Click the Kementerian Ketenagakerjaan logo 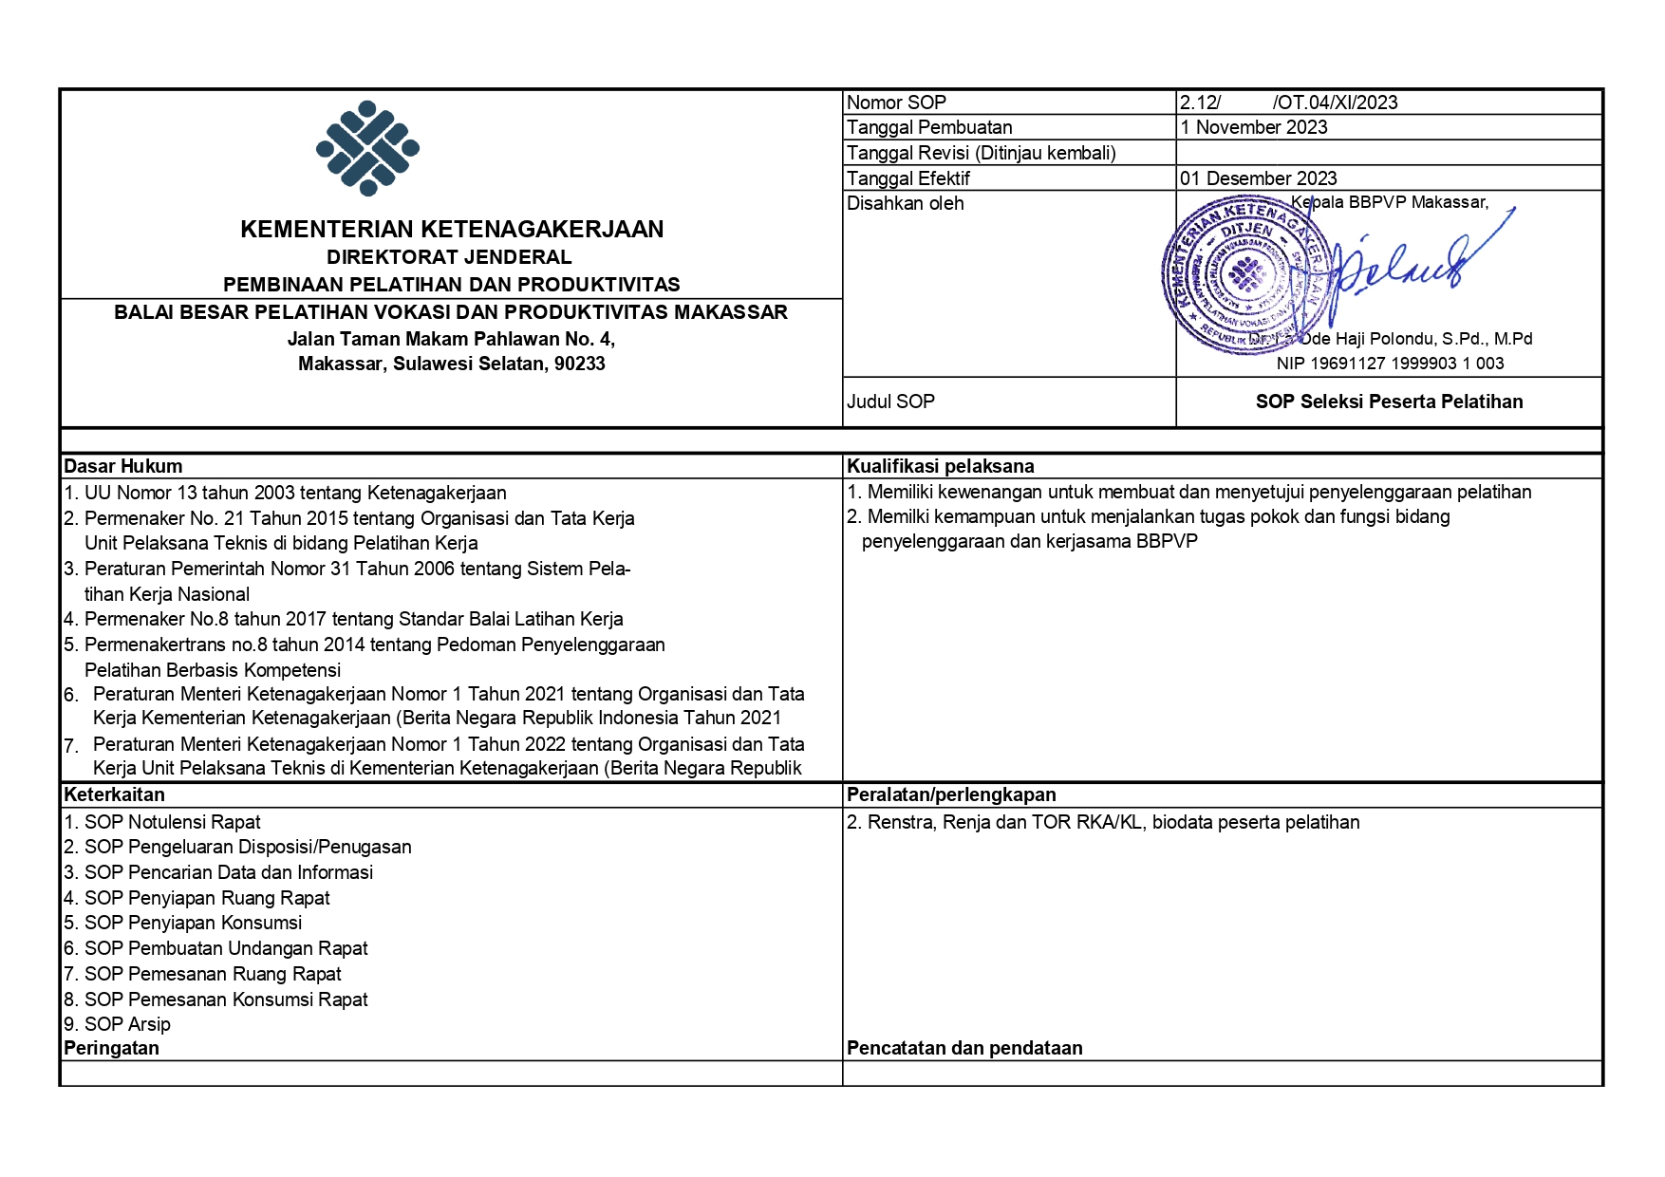pyautogui.click(x=367, y=149)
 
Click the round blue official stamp pyautogui.click(x=1245, y=274)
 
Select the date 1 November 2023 pyautogui.click(x=1253, y=127)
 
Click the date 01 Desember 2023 pyautogui.click(x=1258, y=178)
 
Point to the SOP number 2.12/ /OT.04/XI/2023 pyautogui.click(x=1288, y=103)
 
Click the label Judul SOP pyautogui.click(x=890, y=402)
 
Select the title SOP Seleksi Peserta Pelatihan pyautogui.click(x=1389, y=402)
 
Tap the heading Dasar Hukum pyautogui.click(x=122, y=466)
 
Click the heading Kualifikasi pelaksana pyautogui.click(x=940, y=466)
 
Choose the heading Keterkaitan pyautogui.click(x=114, y=794)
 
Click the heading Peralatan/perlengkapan pyautogui.click(x=951, y=794)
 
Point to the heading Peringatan pyautogui.click(x=111, y=1048)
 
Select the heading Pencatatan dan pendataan pyautogui.click(x=964, y=1048)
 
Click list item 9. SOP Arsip pyautogui.click(x=117, y=1024)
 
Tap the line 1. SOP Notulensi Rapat pyautogui.click(x=161, y=822)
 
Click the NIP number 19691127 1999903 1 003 pyautogui.click(x=1390, y=364)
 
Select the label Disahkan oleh pyautogui.click(x=905, y=203)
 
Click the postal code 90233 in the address pyautogui.click(x=580, y=364)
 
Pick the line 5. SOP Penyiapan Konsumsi pyautogui.click(x=182, y=923)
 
